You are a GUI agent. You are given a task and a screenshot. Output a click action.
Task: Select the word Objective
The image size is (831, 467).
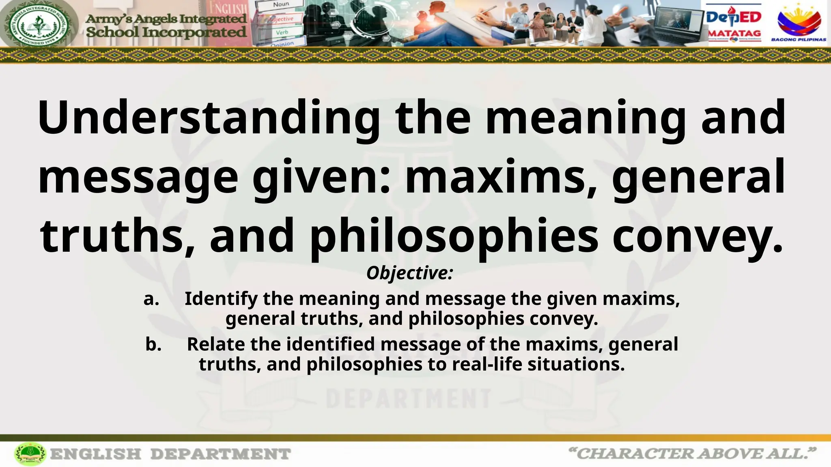click(x=409, y=273)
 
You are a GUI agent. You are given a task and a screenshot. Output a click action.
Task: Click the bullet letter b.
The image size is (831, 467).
click(x=153, y=345)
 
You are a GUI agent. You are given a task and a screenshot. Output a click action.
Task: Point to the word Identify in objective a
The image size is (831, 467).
click(x=221, y=299)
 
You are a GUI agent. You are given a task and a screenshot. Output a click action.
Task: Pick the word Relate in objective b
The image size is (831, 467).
click(x=216, y=345)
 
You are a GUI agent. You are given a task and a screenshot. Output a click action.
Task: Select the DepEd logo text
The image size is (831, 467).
click(x=734, y=17)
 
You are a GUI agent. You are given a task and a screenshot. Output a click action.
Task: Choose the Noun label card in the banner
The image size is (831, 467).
click(x=281, y=5)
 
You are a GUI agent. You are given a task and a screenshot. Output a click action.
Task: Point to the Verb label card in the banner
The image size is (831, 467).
click(x=282, y=32)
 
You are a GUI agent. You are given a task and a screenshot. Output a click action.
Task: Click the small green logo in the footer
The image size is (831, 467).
click(x=30, y=454)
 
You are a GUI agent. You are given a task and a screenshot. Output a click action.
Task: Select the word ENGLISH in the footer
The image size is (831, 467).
click(x=96, y=454)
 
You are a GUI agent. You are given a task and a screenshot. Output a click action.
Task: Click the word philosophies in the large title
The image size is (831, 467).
click(x=454, y=236)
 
